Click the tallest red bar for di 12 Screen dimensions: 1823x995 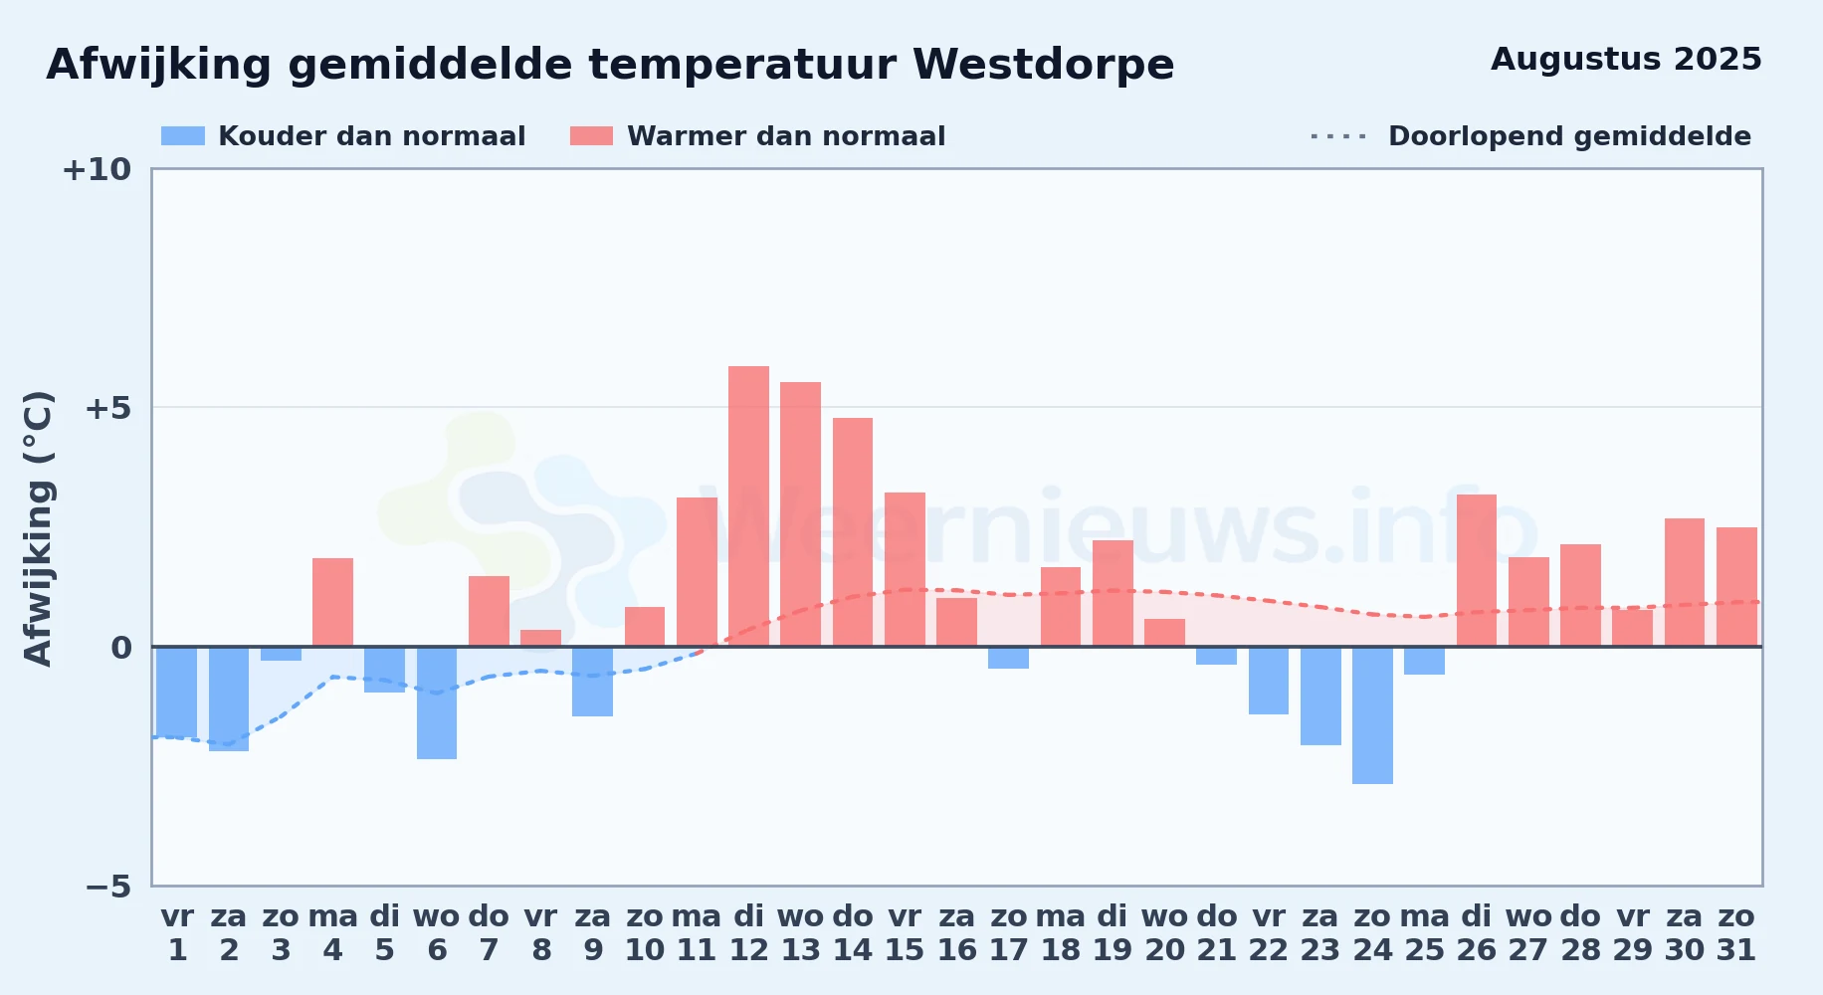[x=748, y=506]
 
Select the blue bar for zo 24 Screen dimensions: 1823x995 [x=1372, y=715]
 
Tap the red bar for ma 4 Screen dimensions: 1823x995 [x=332, y=602]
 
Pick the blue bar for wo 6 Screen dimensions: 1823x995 [x=437, y=702]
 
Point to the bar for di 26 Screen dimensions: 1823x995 [x=1477, y=570]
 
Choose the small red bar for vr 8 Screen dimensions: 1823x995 [x=540, y=638]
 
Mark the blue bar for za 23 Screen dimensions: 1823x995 [x=1320, y=696]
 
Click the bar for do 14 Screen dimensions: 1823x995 [x=853, y=532]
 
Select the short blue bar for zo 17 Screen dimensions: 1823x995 [x=1008, y=658]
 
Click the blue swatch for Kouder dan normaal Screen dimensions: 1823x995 [x=183, y=136]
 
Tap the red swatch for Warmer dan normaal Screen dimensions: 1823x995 [x=591, y=136]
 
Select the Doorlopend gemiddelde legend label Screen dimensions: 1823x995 [x=1569, y=136]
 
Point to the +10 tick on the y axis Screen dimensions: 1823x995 [x=97, y=169]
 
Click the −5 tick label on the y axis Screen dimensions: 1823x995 [x=107, y=886]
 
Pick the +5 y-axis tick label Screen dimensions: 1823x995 [x=107, y=408]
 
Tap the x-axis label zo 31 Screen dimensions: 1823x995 [x=1736, y=933]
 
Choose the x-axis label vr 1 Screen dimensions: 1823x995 [x=177, y=933]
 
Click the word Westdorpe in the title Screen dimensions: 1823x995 [x=1043, y=65]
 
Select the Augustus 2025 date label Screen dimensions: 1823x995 [x=1626, y=59]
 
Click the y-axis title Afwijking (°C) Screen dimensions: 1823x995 [x=38, y=527]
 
